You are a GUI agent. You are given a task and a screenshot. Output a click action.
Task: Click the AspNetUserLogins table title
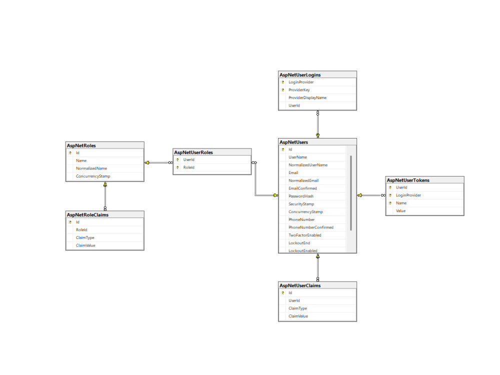[300, 75]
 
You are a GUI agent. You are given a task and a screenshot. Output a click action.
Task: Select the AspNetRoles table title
[81, 145]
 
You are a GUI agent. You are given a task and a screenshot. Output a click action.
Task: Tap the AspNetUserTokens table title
[408, 180]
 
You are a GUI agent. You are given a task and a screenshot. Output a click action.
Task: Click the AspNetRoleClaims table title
[87, 215]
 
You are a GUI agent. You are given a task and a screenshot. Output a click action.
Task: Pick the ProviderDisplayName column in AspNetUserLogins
[307, 97]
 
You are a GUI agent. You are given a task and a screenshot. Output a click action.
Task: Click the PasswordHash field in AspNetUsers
[301, 196]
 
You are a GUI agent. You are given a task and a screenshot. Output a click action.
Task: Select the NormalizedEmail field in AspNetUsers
[303, 180]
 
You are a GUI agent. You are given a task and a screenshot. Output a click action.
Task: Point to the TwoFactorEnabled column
[305, 235]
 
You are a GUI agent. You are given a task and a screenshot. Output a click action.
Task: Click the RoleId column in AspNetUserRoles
[189, 167]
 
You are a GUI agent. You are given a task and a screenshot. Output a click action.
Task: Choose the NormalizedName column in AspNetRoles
[91, 168]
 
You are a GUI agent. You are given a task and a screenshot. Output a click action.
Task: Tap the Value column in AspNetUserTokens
[401, 211]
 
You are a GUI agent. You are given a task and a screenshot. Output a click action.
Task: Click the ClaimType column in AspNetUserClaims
[298, 308]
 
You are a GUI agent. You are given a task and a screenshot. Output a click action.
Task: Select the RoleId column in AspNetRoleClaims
[81, 230]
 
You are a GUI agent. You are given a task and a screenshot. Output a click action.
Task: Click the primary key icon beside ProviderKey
[283, 90]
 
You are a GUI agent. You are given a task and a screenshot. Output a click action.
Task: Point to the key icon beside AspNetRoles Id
[70, 153]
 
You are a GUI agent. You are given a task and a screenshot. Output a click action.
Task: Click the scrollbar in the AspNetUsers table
[351, 193]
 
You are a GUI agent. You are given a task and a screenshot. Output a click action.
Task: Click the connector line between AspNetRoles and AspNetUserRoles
[158, 162]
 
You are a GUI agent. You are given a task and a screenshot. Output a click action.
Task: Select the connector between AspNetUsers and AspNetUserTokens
[371, 195]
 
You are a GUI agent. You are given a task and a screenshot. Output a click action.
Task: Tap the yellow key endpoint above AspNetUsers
[317, 135]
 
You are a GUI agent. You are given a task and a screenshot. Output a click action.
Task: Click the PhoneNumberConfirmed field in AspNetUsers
[311, 227]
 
